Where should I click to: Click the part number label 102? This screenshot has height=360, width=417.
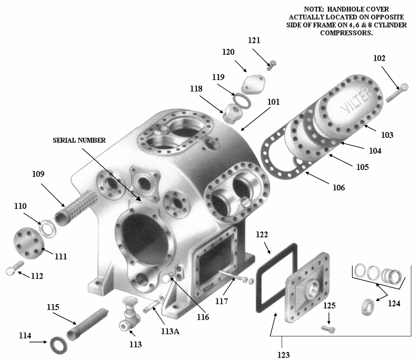[x=379, y=58]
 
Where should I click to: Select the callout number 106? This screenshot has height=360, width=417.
[x=338, y=188]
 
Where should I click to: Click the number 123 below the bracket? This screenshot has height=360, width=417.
[x=284, y=355]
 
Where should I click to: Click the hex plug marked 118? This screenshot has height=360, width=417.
[x=231, y=110]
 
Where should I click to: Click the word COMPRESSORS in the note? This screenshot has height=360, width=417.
[x=346, y=33]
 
